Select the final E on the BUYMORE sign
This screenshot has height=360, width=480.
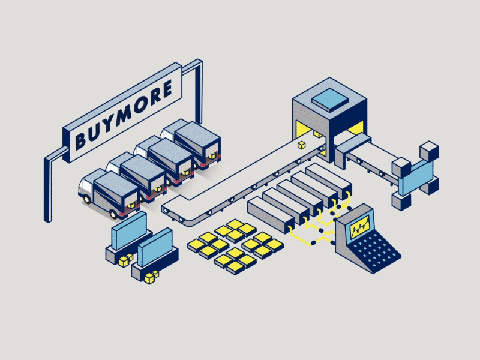coord(166,89)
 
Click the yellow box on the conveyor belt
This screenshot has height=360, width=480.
coord(302,145)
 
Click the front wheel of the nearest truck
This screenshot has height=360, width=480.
coord(87,199)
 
